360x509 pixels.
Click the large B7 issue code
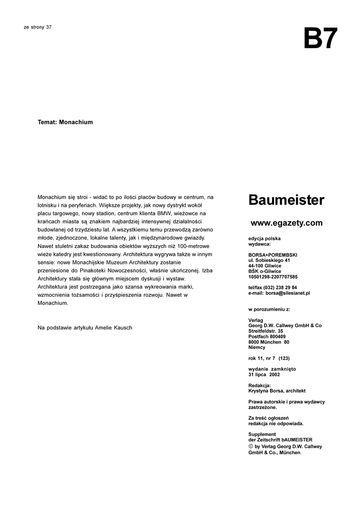click(320, 39)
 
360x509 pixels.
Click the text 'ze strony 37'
click(38, 27)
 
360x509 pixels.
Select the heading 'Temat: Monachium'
click(65, 122)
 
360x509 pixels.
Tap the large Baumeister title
click(286, 201)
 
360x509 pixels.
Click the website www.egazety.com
click(286, 223)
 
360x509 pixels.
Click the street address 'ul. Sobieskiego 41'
click(269, 260)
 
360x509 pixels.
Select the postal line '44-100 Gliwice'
click(265, 266)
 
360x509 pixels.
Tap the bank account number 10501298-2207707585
click(273, 277)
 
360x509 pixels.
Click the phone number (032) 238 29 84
click(281, 288)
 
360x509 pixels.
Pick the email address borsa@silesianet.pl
click(288, 293)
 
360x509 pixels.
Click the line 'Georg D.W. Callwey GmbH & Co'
click(285, 326)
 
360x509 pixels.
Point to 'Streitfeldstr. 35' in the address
click(266, 331)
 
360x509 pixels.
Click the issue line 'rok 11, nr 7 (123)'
click(269, 358)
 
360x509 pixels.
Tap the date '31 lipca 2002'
click(264, 375)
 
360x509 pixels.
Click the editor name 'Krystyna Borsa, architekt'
click(276, 391)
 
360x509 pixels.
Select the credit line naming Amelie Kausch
click(85, 328)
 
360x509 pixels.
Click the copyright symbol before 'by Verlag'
click(251, 446)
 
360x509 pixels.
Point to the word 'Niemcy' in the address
click(257, 347)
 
